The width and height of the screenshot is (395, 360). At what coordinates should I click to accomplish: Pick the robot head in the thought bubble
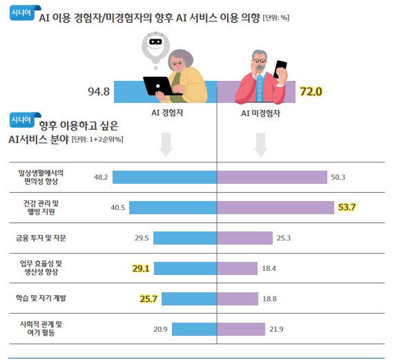coord(155,44)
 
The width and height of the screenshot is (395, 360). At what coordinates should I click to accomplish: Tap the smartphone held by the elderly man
coord(280,69)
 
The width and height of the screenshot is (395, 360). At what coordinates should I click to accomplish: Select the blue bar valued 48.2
coord(164,177)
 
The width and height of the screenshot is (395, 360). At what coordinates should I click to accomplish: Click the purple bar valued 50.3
coord(272,177)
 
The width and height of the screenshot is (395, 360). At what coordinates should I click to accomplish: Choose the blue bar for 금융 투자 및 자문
coord(185,238)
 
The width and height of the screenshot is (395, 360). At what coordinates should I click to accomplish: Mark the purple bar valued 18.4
coord(238,268)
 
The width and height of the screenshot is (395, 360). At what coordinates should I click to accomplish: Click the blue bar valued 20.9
coord(194,328)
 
